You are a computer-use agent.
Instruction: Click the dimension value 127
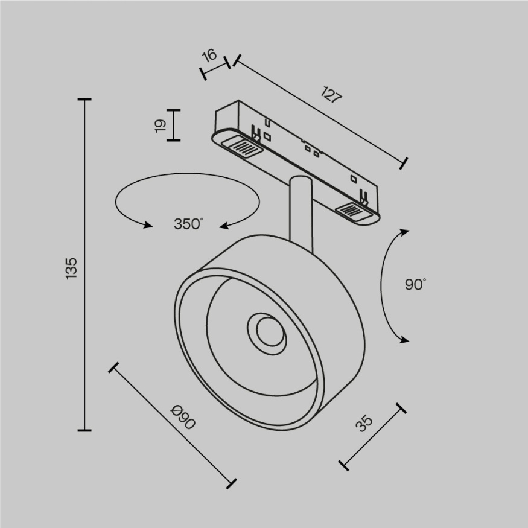[331, 95]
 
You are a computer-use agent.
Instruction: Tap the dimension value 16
[209, 56]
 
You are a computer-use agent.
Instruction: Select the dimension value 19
[160, 125]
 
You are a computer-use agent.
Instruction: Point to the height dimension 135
[71, 267]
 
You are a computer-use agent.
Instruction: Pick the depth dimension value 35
[364, 423]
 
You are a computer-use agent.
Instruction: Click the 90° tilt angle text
[415, 284]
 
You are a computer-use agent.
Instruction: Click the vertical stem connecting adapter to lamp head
[300, 211]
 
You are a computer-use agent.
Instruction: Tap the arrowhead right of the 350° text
[224, 226]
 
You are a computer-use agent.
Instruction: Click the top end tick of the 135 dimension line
[84, 99]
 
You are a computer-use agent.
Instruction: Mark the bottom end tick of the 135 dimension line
[84, 430]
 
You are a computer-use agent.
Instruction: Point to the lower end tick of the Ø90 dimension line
[230, 483]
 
